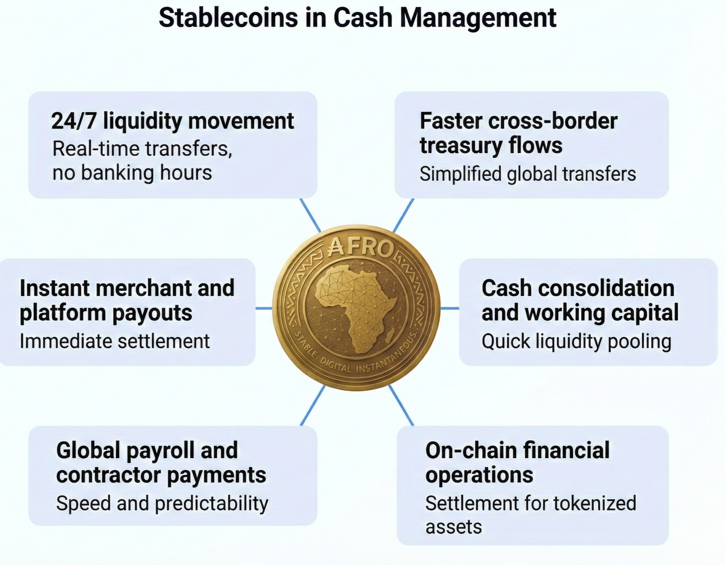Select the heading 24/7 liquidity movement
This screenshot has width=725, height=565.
coord(172,121)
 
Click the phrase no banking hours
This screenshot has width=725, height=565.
coord(132,173)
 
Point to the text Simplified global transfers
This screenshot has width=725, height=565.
coord(528,174)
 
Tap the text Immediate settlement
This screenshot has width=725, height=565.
coord(115,341)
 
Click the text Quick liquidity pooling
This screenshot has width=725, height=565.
coord(576,342)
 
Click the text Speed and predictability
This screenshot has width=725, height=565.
coord(162,503)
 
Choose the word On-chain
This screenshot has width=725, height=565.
coord(471,450)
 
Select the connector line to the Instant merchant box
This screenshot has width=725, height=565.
coord(264,308)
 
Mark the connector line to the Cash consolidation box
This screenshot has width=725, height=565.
coord(450,308)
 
